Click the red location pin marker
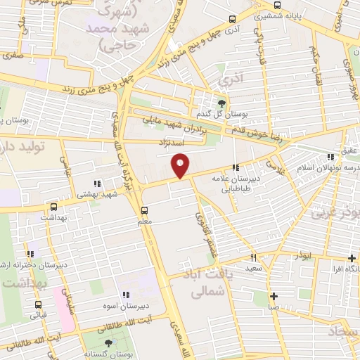pyautogui.click(x=181, y=166)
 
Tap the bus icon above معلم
pyautogui.click(x=144, y=210)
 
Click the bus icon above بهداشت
pyautogui.click(x=54, y=207)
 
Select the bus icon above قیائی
pyautogui.click(x=38, y=304)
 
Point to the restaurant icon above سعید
pyautogui.click(x=254, y=257)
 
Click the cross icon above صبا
pyautogui.click(x=274, y=296)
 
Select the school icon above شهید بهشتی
pyautogui.click(x=97, y=165)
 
